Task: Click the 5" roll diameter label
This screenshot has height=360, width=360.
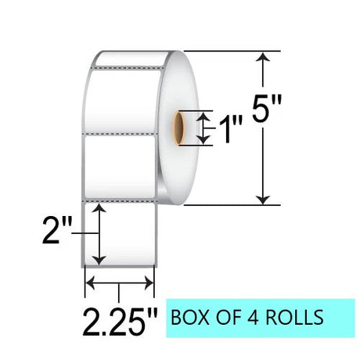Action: [267, 108]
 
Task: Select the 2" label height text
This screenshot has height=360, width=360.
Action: [57, 231]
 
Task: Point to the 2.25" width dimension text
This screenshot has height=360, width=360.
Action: [121, 322]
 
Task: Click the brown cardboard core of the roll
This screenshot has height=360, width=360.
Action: [178, 128]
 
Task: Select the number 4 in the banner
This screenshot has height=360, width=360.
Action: [254, 317]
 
